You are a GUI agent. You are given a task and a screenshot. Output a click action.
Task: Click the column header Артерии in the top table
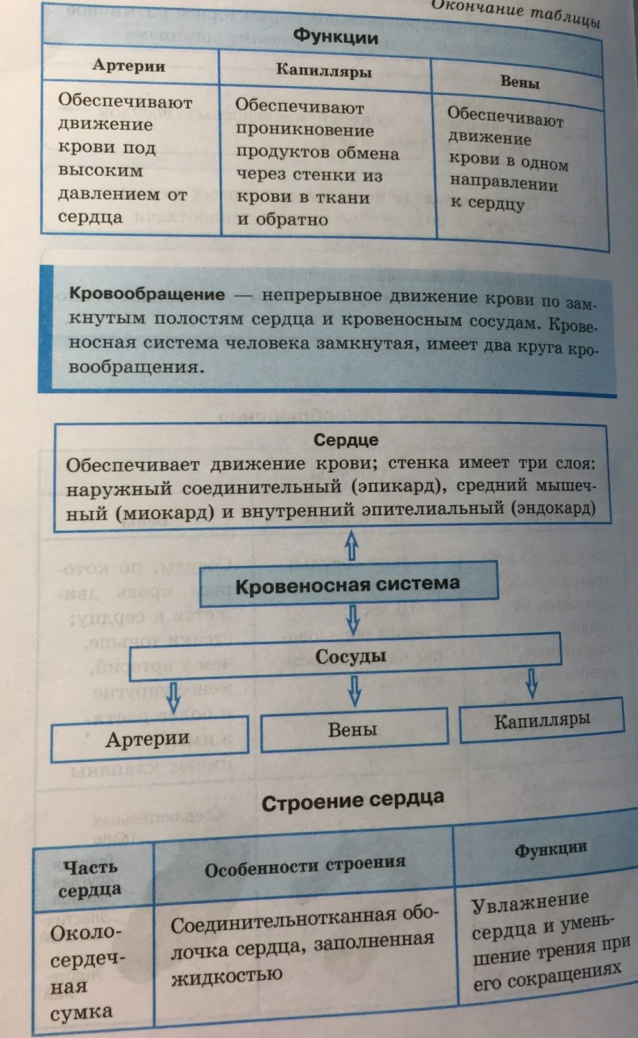(x=128, y=66)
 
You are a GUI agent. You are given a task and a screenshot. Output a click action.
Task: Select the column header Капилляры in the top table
(x=324, y=70)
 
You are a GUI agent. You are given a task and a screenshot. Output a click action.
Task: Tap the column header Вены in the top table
(x=519, y=82)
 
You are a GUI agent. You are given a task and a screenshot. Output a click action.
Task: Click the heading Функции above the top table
(x=335, y=36)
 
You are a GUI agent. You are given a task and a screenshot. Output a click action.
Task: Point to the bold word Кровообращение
(x=147, y=294)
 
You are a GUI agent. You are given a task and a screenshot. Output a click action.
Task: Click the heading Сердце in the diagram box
(x=345, y=440)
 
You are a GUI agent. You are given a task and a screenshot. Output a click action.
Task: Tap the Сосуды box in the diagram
(x=350, y=657)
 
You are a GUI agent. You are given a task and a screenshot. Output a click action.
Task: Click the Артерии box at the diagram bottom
(x=148, y=739)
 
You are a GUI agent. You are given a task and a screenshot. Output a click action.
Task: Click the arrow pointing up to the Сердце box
(x=351, y=546)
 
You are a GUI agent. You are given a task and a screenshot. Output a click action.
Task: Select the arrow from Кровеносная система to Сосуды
(x=352, y=619)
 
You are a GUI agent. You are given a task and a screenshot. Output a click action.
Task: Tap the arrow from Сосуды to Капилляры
(x=532, y=682)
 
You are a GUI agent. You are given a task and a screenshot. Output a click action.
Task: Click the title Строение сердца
(x=353, y=801)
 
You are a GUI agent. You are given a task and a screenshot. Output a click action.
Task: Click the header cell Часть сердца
(x=90, y=878)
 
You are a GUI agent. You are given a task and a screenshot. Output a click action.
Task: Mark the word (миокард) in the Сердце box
(x=165, y=513)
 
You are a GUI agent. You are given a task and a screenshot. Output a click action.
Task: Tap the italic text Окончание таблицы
(x=515, y=12)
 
